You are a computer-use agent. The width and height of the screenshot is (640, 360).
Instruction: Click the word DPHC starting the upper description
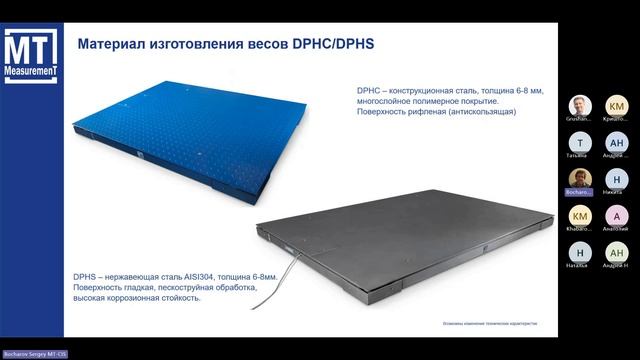click(x=370, y=90)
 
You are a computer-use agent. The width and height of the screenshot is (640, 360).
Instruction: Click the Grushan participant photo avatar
click(x=580, y=106)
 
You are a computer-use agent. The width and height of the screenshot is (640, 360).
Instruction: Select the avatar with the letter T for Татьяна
click(x=580, y=143)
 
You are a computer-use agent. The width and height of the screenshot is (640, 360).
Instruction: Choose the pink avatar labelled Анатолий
click(x=617, y=215)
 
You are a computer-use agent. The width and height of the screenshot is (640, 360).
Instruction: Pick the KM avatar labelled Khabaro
click(x=580, y=215)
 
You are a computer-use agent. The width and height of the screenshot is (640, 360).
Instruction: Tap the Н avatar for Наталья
click(x=580, y=252)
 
